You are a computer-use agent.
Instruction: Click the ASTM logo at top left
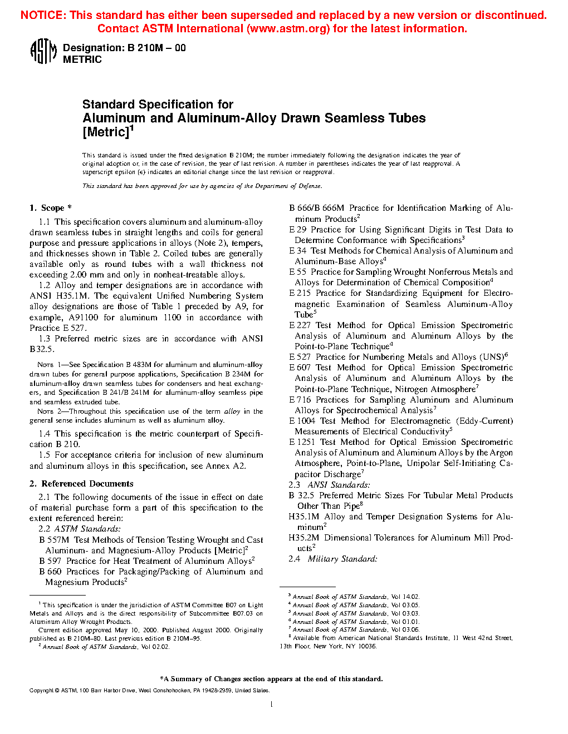[43, 52]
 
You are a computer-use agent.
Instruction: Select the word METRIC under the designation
[82, 59]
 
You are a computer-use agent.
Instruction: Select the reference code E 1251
[302, 442]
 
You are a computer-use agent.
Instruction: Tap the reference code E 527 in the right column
[300, 357]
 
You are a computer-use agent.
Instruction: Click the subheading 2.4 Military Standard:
[332, 559]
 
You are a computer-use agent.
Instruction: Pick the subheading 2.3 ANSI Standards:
[329, 485]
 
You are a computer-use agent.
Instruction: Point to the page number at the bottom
[271, 704]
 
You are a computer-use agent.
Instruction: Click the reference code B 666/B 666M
[316, 208]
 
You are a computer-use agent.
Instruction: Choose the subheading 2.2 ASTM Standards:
[80, 529]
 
